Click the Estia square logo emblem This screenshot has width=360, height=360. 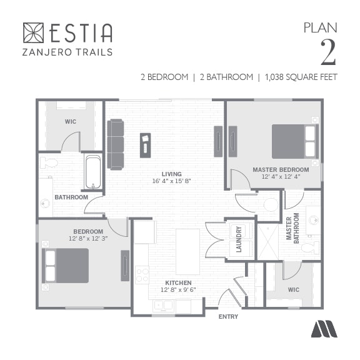point(33,32)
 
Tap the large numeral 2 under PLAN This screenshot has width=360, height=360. point(328,52)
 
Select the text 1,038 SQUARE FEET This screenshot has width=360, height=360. point(301,77)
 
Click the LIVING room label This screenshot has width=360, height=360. point(171,174)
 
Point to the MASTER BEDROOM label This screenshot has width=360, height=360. point(281,169)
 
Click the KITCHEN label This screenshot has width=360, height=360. point(178,282)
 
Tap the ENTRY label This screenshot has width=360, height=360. point(228,317)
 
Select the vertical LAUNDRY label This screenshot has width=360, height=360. point(239,239)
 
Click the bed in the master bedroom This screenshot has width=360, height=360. point(295,141)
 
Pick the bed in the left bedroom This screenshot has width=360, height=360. point(66,266)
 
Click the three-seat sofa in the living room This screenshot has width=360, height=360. point(116,144)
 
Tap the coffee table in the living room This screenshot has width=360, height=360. point(146,146)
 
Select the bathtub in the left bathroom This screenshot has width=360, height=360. point(93,172)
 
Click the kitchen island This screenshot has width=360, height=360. point(187,252)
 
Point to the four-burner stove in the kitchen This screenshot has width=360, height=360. point(142,275)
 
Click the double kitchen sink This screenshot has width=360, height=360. point(163,306)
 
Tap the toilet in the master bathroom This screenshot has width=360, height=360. point(310,248)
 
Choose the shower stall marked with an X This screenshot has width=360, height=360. point(268,242)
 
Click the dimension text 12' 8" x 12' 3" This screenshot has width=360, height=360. point(88,239)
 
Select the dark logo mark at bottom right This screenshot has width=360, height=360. point(324,329)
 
